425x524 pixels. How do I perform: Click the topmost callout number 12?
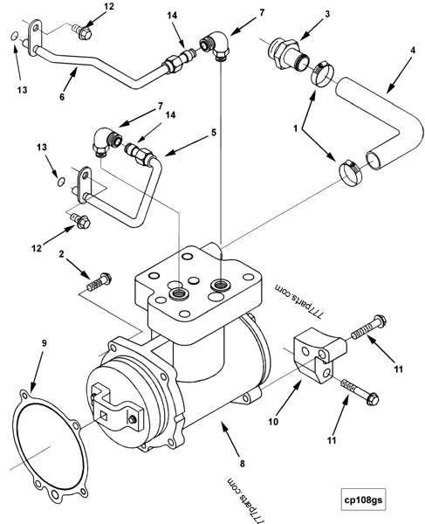point(109,7)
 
